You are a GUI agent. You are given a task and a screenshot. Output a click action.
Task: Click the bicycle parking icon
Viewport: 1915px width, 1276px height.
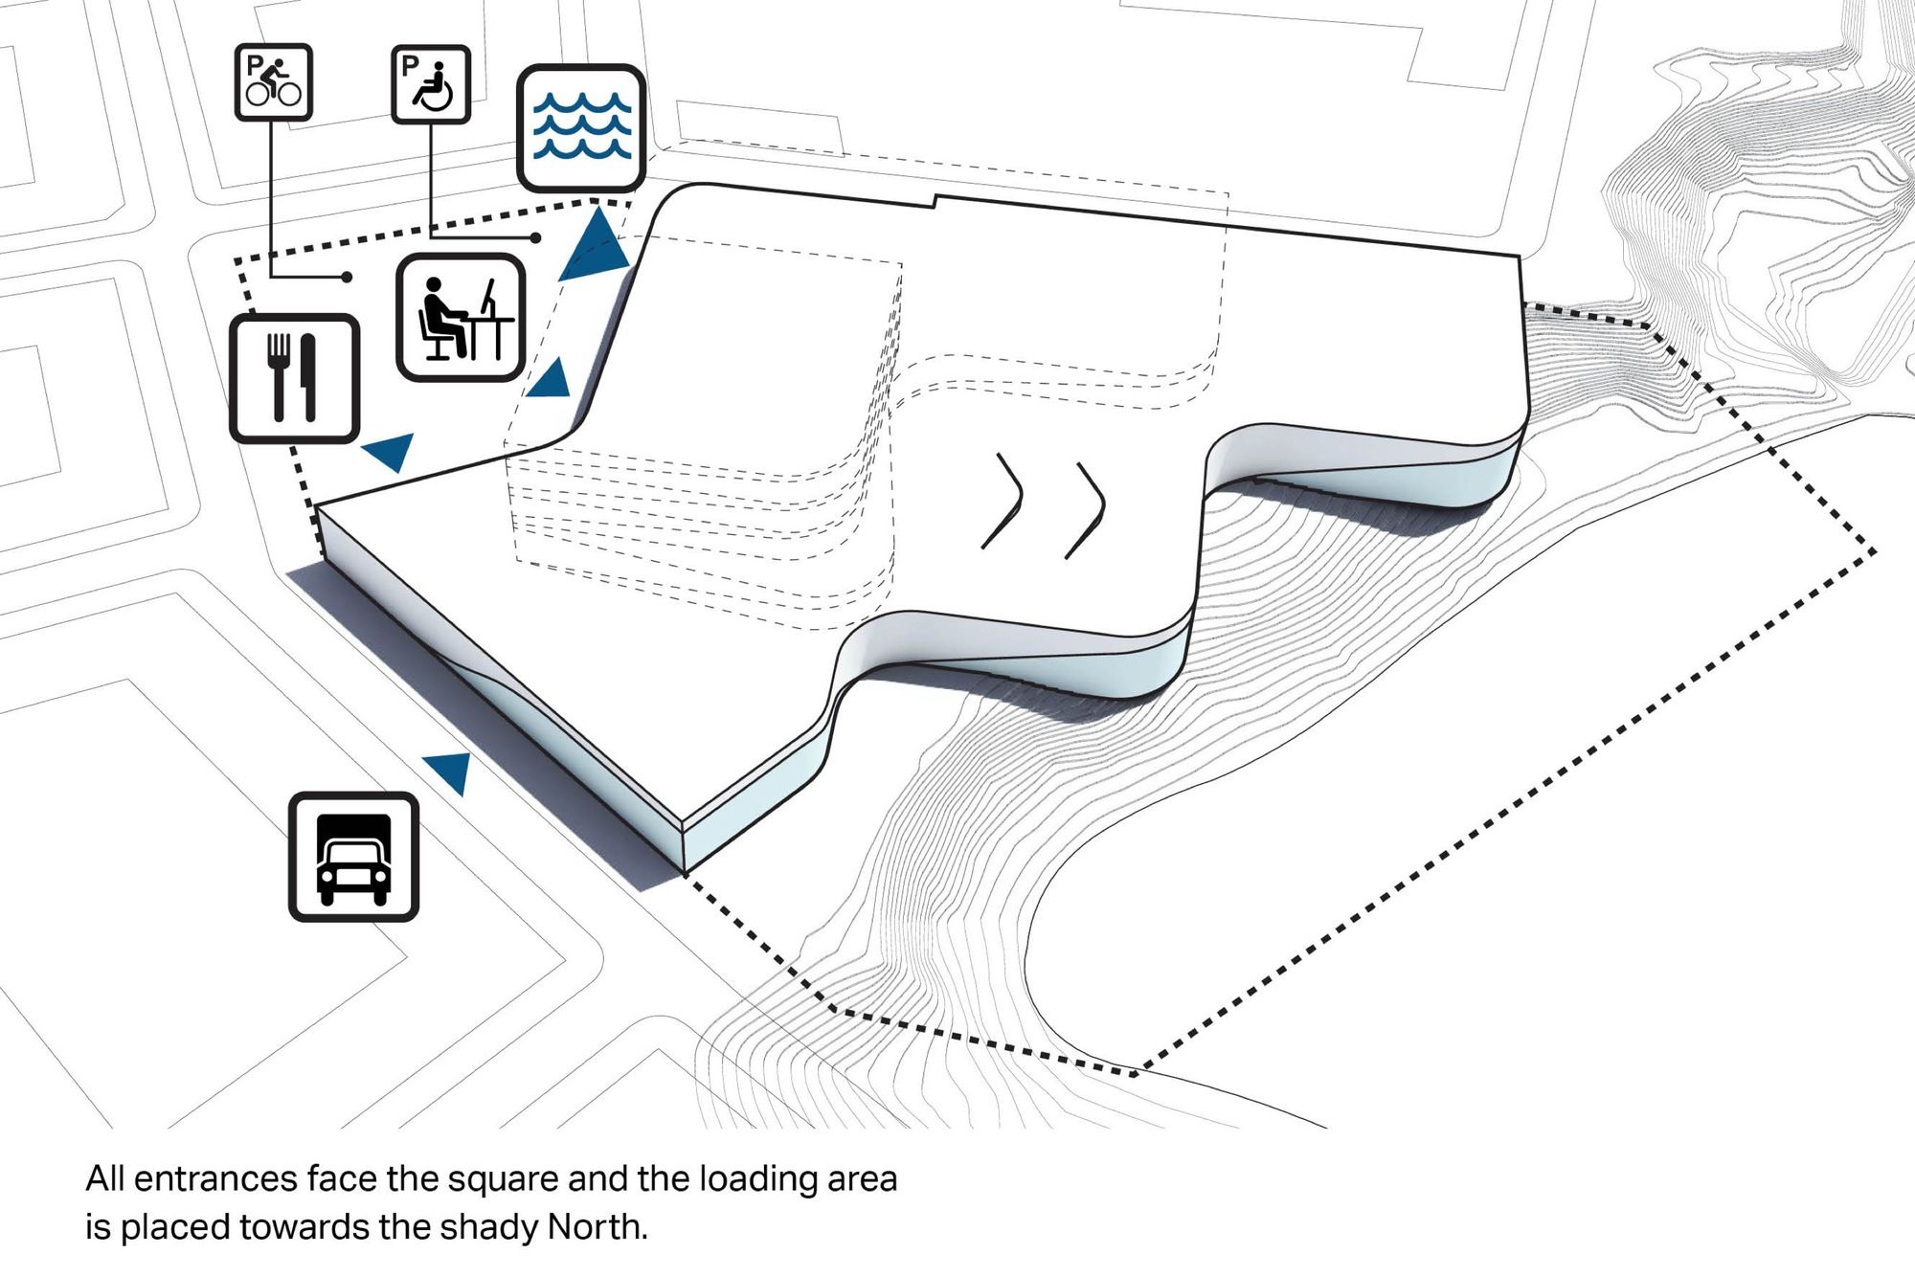click(274, 82)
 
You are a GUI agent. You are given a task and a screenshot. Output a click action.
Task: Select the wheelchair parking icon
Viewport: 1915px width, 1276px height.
click(431, 84)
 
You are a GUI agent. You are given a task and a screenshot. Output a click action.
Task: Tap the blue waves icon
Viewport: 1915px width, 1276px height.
click(581, 128)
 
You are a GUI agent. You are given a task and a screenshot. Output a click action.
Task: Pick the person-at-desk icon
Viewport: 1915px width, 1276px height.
click(461, 318)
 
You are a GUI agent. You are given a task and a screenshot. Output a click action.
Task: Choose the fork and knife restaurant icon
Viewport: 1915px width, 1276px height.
click(294, 378)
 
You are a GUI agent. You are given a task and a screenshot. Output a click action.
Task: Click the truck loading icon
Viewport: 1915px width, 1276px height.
click(353, 857)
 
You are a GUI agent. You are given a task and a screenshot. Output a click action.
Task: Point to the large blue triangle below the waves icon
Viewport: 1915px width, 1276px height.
click(596, 245)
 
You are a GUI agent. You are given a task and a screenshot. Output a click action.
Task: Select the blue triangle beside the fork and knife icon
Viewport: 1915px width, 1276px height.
click(391, 450)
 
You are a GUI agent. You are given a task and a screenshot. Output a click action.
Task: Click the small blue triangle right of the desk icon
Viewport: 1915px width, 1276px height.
click(551, 380)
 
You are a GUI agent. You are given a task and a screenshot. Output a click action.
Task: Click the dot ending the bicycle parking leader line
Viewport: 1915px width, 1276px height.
click(347, 278)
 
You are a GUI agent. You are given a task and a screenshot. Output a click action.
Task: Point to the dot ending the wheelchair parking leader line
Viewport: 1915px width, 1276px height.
click(536, 237)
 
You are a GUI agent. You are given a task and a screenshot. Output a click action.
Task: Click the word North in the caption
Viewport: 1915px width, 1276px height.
click(597, 1226)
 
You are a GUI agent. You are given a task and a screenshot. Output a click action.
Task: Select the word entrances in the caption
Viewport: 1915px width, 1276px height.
click(216, 1178)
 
